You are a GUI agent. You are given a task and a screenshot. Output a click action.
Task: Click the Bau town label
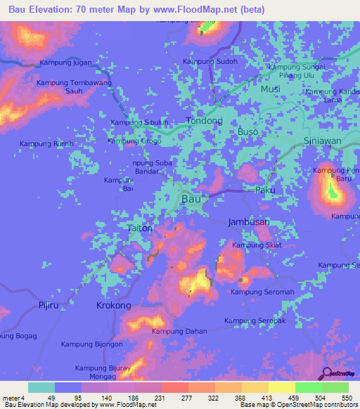click(191, 200)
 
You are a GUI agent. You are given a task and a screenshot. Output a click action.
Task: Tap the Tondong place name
click(204, 121)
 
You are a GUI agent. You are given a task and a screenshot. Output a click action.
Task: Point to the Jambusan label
click(249, 222)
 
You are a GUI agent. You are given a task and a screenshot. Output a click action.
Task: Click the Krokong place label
click(113, 306)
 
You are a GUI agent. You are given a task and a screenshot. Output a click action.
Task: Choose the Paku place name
click(264, 190)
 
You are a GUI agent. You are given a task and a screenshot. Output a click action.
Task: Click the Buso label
click(247, 131)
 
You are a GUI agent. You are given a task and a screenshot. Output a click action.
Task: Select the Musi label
click(270, 89)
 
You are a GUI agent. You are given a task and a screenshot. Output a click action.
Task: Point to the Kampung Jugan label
click(66, 63)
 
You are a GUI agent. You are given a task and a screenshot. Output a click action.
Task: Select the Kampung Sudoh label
click(210, 61)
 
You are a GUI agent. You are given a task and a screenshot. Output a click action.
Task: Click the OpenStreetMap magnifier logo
click(327, 375)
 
